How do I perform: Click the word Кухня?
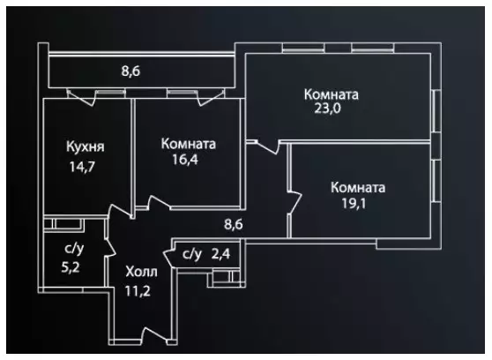pos(85,147)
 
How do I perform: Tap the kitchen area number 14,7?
pos(82,167)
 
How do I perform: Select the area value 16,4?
pos(185,160)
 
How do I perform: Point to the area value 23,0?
pos(327,109)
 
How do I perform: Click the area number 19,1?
pos(354,204)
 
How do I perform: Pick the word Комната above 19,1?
pos(358,188)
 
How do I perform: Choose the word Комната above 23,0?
pos(332,94)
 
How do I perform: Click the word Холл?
pos(141,272)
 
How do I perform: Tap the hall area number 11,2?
pos(138,291)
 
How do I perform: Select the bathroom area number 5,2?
pos(71,268)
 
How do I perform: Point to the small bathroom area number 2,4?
pos(221,254)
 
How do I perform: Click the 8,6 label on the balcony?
pos(130,71)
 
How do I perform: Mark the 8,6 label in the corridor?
pos(234,225)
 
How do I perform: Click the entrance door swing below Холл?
pos(155,335)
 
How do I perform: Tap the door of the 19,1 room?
pos(295,202)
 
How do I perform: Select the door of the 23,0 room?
pos(268,147)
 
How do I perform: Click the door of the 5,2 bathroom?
pos(110,245)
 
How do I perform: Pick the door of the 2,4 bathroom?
pos(168,259)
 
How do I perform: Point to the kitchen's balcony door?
pos(81,97)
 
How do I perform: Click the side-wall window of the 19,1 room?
pos(436,181)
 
